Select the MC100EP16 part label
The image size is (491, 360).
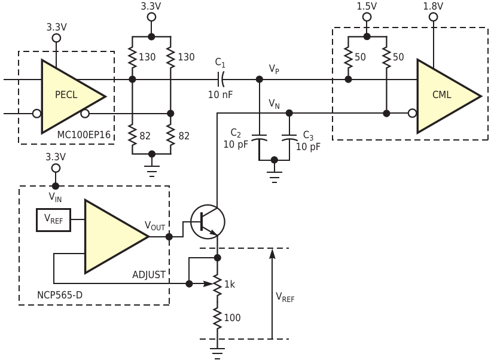(84, 135)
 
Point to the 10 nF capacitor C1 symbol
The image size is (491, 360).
(221, 79)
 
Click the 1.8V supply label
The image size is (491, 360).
(433, 6)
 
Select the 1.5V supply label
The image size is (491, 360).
(367, 6)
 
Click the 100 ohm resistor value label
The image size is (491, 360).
(232, 318)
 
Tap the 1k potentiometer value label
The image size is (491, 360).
(230, 285)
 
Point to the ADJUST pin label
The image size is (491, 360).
(149, 274)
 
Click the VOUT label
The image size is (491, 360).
(155, 225)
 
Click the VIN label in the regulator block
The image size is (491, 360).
(55, 197)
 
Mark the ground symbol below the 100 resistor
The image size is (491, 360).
(217, 353)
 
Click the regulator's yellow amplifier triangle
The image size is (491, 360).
(114, 236)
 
